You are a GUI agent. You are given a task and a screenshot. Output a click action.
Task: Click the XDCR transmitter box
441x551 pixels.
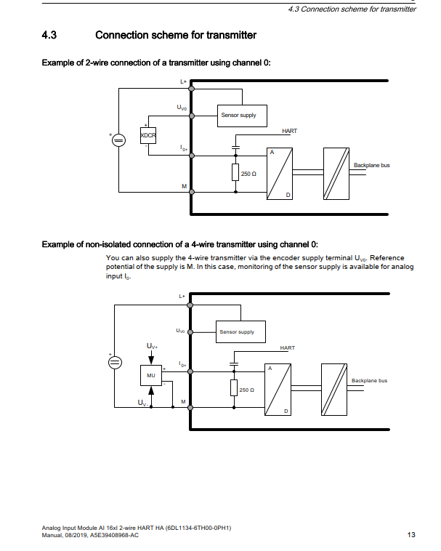pos(148,136)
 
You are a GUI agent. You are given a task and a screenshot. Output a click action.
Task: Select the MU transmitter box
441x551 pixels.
pos(151,376)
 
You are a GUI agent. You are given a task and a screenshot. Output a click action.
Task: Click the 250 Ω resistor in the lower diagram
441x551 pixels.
pos(234,390)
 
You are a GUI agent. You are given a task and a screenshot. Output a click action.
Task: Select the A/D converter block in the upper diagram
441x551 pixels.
pos(279,174)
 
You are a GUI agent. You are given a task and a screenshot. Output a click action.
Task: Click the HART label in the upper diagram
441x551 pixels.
pos(289,131)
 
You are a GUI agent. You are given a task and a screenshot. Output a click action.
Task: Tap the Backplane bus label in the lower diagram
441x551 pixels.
pos(369,380)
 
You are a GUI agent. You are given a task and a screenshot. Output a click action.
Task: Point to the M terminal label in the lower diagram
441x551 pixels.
pos(183,401)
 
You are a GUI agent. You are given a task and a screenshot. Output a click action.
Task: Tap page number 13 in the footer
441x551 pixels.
pos(411,535)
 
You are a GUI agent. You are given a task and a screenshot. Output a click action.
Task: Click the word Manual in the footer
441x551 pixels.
pos(52,536)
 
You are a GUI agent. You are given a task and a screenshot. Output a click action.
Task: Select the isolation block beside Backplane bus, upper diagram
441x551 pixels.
pos(336,174)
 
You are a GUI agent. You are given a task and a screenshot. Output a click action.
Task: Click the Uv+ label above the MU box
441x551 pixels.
pos(151,345)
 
